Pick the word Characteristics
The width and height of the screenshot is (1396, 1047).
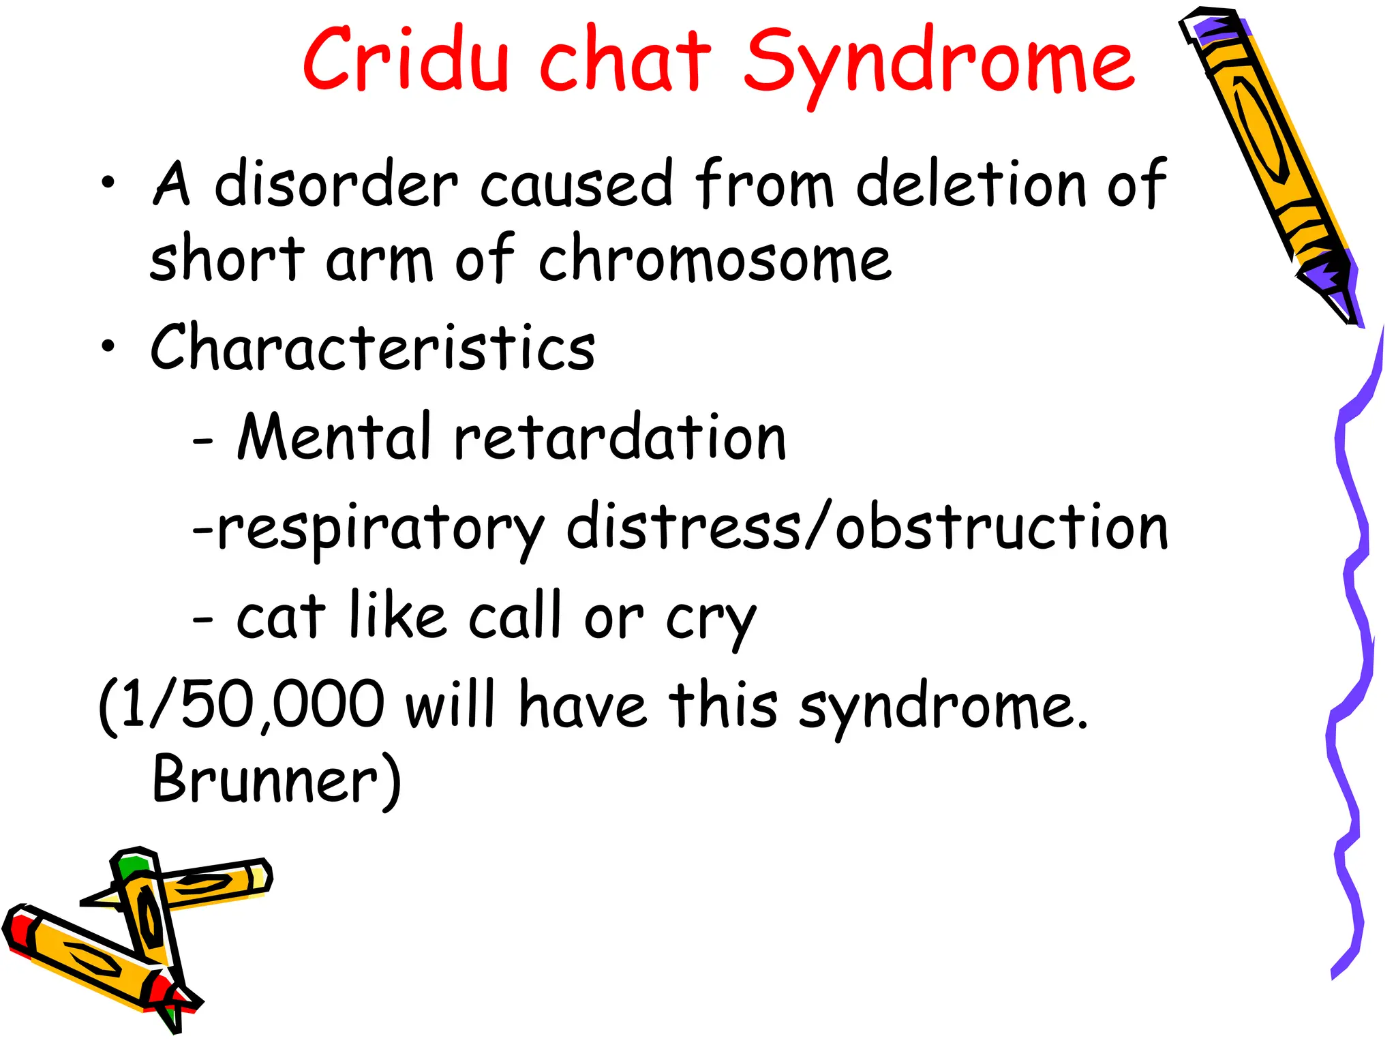click(373, 348)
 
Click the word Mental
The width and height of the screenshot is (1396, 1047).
click(335, 437)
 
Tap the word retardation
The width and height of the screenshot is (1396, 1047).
click(620, 437)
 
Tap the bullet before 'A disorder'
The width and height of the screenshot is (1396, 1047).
click(108, 183)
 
